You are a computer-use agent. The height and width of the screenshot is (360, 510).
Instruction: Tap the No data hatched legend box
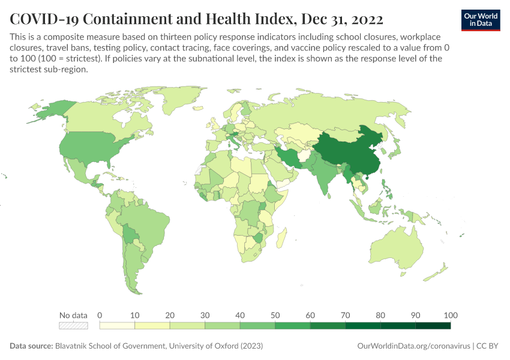tap(73, 326)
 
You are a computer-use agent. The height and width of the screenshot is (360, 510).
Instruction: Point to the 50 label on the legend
tap(275, 315)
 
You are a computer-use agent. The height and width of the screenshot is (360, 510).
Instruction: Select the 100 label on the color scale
tap(450, 315)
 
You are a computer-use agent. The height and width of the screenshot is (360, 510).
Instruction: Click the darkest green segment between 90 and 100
tap(433, 326)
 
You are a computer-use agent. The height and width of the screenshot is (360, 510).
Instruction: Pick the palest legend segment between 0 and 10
tap(117, 326)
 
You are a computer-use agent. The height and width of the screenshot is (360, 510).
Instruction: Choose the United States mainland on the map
tap(90, 147)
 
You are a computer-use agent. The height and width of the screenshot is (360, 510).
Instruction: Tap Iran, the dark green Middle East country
tap(289, 157)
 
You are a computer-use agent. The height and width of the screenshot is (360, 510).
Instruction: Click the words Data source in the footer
tap(31, 346)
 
